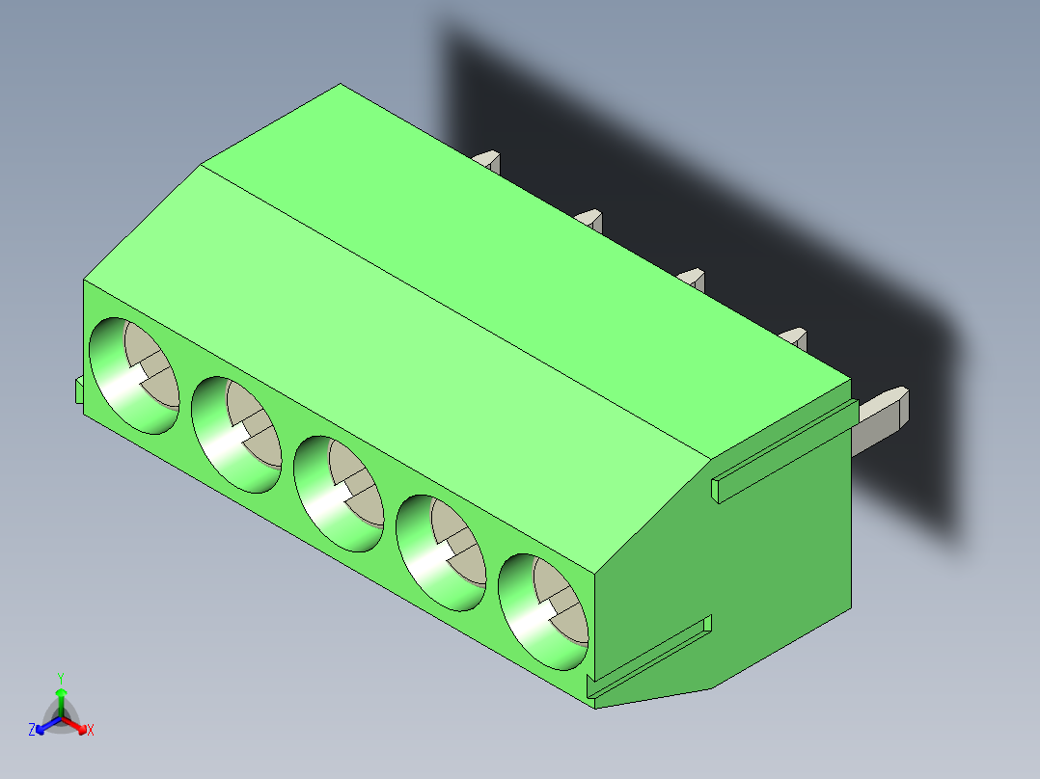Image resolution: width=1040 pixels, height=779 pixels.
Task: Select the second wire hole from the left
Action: click(235, 435)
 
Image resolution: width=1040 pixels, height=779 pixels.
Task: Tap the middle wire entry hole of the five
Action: click(338, 494)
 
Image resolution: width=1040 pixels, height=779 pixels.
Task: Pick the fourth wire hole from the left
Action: click(440, 552)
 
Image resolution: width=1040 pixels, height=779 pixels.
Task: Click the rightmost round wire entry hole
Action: click(542, 611)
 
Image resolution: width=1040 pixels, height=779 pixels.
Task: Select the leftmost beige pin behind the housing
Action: click(489, 159)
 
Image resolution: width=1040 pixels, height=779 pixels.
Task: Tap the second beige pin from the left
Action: click(590, 219)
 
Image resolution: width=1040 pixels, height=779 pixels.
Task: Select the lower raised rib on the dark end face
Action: click(652, 658)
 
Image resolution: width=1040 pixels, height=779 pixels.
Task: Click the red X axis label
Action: click(91, 731)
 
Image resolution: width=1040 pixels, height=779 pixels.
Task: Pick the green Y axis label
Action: click(61, 677)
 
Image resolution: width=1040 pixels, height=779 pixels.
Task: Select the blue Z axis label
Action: click(32, 731)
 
